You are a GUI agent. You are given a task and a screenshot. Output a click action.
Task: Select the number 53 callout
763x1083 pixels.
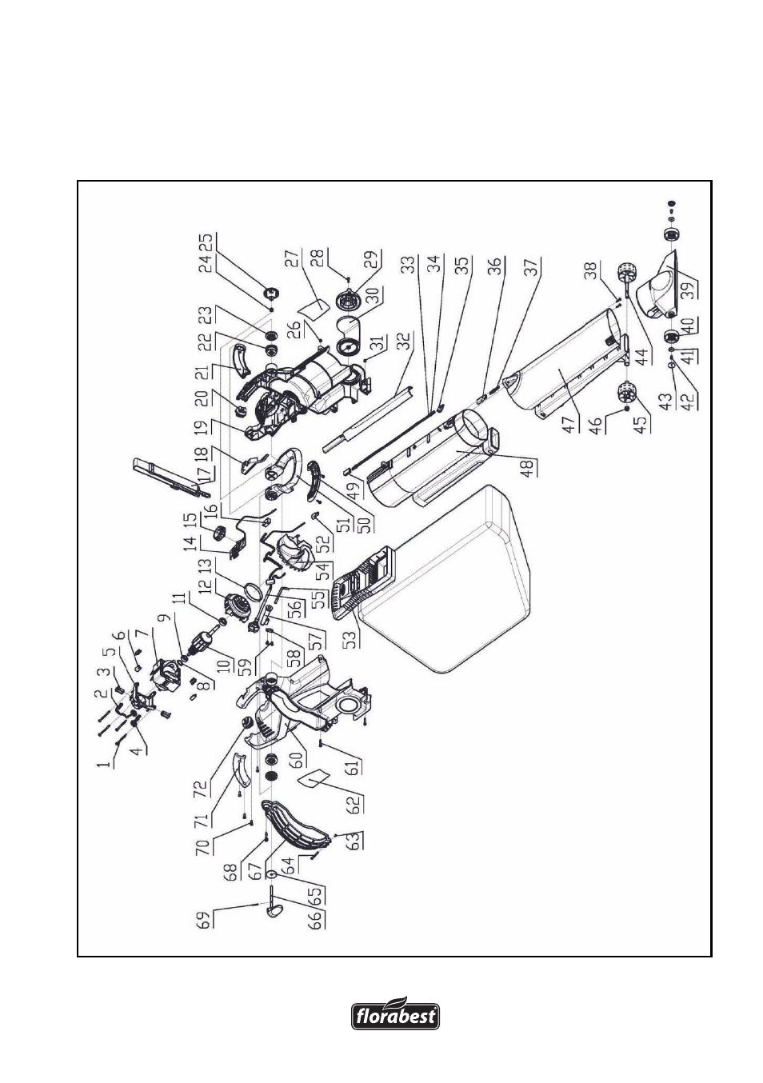[352, 638]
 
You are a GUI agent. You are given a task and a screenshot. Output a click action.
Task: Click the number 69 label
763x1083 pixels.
[205, 919]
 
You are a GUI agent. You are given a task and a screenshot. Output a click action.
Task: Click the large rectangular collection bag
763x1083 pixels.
[445, 580]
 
